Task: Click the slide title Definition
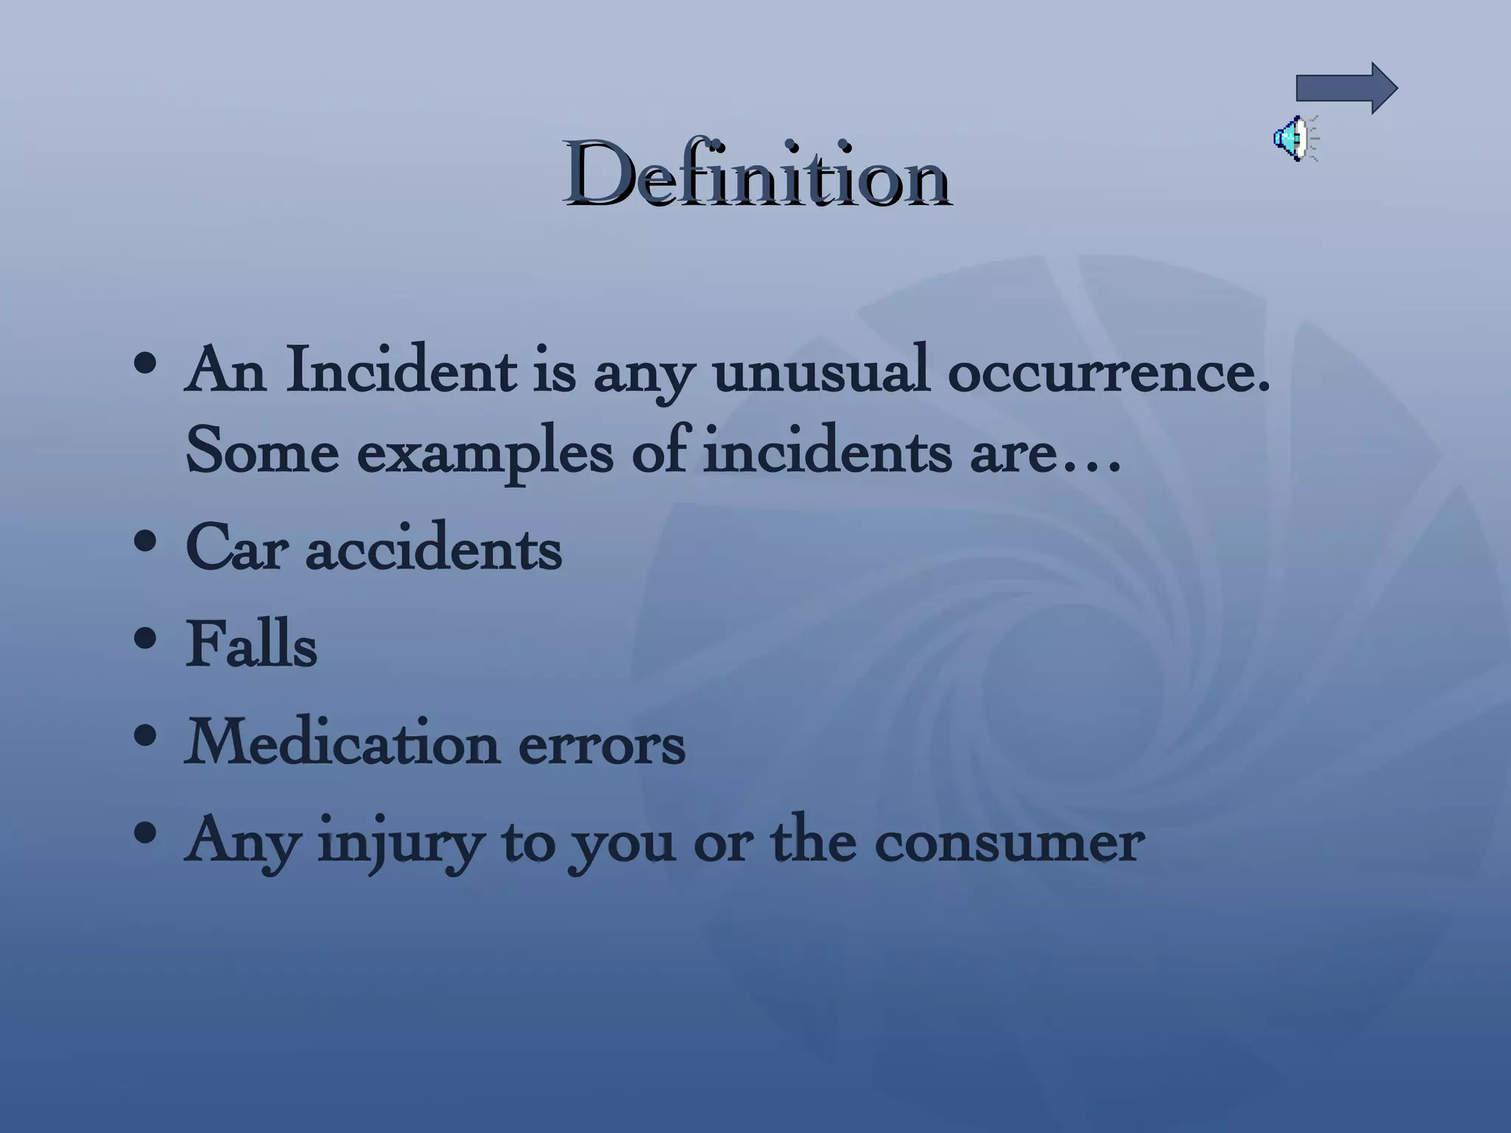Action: coord(756,175)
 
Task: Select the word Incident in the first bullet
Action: coord(401,370)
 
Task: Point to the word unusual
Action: coord(820,370)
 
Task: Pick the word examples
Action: coord(485,453)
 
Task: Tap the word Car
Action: coord(235,549)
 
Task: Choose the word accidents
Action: coord(433,549)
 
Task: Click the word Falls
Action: coord(251,645)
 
